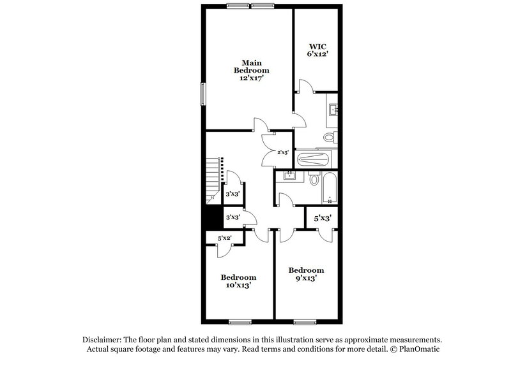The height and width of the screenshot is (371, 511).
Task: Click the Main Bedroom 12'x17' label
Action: pos(250,70)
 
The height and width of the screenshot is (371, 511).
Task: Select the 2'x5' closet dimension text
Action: pos(284,152)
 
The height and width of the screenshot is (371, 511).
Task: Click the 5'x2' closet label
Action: pos(224,238)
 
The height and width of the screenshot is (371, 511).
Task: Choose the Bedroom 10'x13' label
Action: pos(238,281)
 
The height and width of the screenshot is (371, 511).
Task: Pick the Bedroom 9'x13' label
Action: pos(305,274)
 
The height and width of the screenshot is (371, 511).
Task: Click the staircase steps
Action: pos(213,180)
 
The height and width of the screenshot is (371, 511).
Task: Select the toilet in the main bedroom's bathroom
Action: pos(329,137)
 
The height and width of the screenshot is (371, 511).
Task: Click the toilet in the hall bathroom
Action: pos(314,181)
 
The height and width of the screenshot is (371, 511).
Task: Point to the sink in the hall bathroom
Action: pos(291,175)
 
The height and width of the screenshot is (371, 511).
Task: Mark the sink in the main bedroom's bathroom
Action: pos(333,111)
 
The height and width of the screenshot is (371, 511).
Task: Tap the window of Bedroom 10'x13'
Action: pos(240,321)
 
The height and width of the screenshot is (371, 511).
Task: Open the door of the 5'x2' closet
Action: pos(224,249)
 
